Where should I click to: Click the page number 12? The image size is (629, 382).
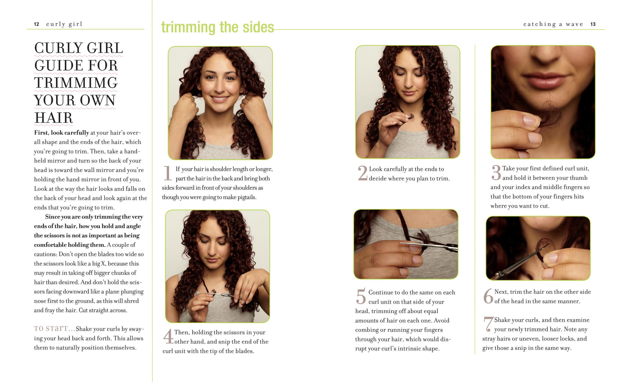pos(37,24)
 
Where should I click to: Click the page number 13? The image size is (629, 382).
pos(593,24)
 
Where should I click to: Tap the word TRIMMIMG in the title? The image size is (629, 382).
pos(76,83)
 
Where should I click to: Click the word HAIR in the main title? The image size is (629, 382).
pos(53,118)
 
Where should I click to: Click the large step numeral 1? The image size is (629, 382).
pos(167,173)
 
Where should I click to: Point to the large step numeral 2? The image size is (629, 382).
pos(362,173)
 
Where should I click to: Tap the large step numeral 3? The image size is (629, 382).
pos(496,173)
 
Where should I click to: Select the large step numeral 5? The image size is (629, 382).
pos(361,296)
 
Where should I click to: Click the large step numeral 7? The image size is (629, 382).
pos(488,324)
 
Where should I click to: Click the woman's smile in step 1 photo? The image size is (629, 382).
pos(219,98)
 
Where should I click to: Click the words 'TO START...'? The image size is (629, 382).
pos(54,328)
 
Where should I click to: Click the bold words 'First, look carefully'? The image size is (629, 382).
pos(61,133)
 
